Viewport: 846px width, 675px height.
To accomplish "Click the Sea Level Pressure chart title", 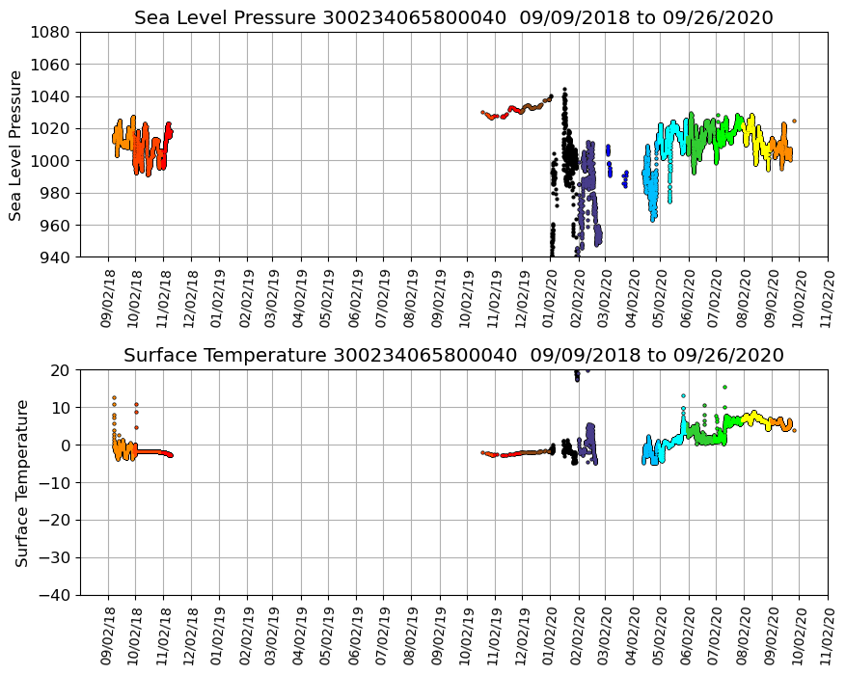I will pos(453,18).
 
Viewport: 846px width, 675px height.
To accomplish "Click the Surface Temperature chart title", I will pos(453,356).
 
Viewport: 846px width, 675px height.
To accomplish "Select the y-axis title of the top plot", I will pos(16,145).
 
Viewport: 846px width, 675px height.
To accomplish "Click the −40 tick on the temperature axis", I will pos(56,595).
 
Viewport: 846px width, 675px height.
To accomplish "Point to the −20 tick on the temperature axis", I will pos(56,520).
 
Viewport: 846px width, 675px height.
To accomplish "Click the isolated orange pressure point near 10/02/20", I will pos(794,121).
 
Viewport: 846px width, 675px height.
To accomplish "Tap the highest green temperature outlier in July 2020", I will pos(724,387).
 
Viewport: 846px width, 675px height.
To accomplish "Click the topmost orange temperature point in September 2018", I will pos(114,397).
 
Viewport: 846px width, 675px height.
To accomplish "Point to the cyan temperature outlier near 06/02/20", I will pos(683,395).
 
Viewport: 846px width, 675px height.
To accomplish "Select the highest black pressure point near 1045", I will pos(564,90).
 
